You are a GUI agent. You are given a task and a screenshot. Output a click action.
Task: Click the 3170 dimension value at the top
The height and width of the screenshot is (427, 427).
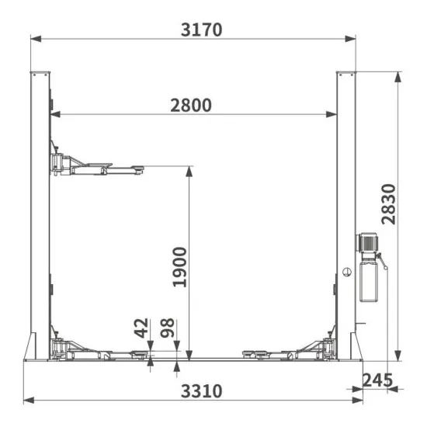click(x=202, y=30)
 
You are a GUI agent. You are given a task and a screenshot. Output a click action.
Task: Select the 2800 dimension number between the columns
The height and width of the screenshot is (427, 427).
click(x=191, y=105)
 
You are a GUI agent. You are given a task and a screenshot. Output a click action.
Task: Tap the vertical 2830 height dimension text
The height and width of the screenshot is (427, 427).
click(x=388, y=204)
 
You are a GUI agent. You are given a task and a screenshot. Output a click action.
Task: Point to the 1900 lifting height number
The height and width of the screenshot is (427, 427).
click(x=180, y=267)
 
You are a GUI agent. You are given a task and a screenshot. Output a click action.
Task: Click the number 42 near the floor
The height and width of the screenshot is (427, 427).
click(x=141, y=328)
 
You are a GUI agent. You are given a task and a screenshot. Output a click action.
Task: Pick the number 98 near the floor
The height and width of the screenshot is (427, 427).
click(x=167, y=328)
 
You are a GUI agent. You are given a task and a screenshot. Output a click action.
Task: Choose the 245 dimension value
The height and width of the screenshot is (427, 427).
click(x=378, y=380)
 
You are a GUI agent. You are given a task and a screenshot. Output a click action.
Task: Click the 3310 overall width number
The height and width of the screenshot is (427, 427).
click(x=202, y=391)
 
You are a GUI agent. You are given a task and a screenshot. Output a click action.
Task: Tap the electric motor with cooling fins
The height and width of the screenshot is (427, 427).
click(x=367, y=241)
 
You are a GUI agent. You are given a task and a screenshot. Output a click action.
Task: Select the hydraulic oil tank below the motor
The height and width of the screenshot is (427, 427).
click(x=369, y=282)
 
